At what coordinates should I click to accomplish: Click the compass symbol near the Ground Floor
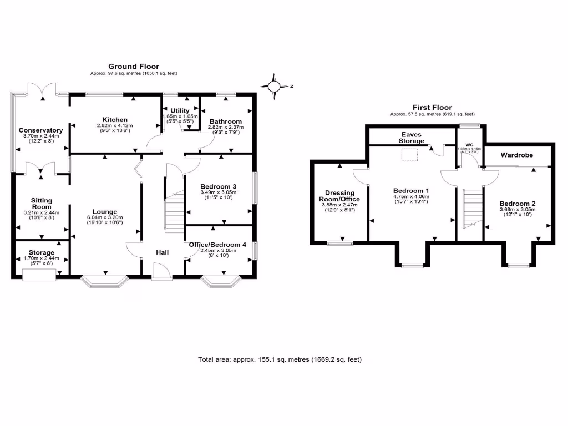[275, 86]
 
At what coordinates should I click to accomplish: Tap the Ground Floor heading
[133, 67]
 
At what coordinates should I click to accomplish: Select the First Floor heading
[432, 108]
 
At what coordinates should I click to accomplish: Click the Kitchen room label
[115, 120]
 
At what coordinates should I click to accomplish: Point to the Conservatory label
[40, 130]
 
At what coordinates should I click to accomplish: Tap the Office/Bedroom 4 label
[220, 245]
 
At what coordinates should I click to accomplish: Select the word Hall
[163, 252]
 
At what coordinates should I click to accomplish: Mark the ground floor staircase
[174, 212]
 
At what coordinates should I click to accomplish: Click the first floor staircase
[472, 209]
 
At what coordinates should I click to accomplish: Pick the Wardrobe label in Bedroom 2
[516, 155]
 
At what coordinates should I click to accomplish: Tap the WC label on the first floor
[469, 145]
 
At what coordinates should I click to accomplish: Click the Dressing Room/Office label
[339, 196]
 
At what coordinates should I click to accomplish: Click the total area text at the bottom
[280, 359]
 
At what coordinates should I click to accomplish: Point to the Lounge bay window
[105, 282]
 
